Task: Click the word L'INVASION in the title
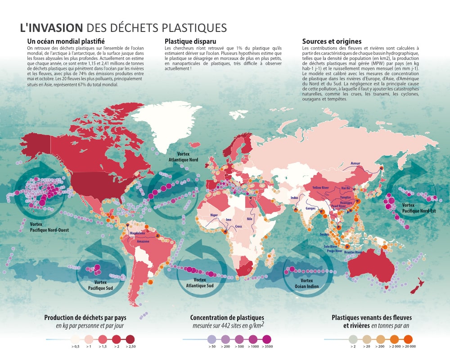(x=51, y=27)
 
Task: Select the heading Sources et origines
(x=332, y=41)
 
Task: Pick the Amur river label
(x=355, y=163)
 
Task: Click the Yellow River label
(x=321, y=187)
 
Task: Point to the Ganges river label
(x=311, y=208)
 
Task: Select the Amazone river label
(x=143, y=242)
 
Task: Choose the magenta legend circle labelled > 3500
(x=267, y=338)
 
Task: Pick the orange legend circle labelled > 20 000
(x=408, y=338)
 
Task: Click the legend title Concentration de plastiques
(x=227, y=318)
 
